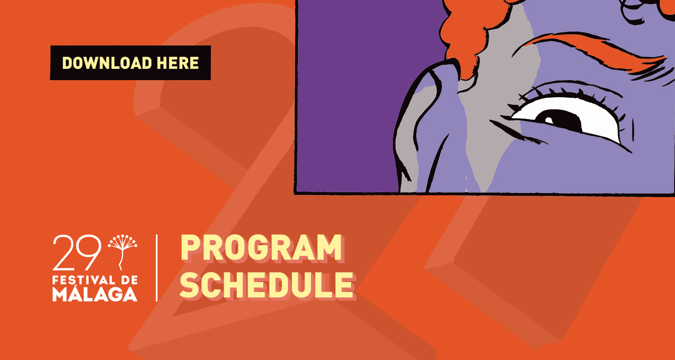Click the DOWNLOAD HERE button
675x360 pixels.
130,63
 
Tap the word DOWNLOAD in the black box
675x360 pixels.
107,63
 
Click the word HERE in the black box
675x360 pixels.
177,63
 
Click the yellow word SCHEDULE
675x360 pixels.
266,285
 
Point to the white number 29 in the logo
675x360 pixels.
77,252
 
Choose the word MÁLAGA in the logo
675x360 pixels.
95,293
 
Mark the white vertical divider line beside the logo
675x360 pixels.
157,268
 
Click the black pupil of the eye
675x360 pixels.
563,121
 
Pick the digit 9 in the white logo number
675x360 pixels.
89,252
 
